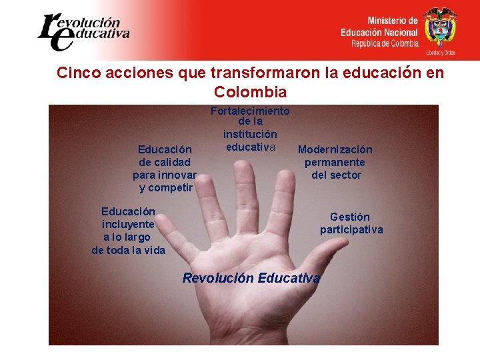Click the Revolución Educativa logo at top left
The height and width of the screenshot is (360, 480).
83,31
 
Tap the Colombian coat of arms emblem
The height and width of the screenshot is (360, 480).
441,26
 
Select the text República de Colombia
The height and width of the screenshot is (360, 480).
385,43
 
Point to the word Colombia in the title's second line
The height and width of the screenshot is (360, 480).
251,92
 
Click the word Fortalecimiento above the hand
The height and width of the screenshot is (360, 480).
250,111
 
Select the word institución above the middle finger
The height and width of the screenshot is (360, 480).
250,135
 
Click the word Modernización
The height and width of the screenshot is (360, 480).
335,150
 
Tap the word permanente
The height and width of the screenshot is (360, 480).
335,162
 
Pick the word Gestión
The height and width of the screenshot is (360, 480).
350,217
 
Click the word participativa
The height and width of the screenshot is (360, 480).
351,230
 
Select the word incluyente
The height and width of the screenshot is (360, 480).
128,225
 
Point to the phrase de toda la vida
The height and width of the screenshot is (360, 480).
128,250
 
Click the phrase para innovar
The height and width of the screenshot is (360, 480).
164,175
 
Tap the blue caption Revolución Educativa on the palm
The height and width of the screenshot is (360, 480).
251,278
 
